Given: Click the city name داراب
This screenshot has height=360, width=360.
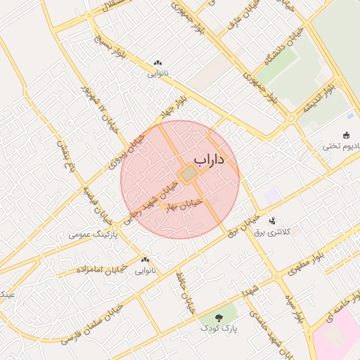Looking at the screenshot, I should coord(210,161).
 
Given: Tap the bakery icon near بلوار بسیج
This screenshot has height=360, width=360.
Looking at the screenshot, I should coord(157,63).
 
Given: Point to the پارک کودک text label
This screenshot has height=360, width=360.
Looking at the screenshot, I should coord(219,328).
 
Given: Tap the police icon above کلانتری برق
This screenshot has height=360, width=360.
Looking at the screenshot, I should coord(272,221).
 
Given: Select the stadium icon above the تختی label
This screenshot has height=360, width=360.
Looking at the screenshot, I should coord(345,135).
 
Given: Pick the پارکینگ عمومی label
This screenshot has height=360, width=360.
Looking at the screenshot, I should coord(93,233).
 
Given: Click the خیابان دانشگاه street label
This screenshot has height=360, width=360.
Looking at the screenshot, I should coord(269,59).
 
